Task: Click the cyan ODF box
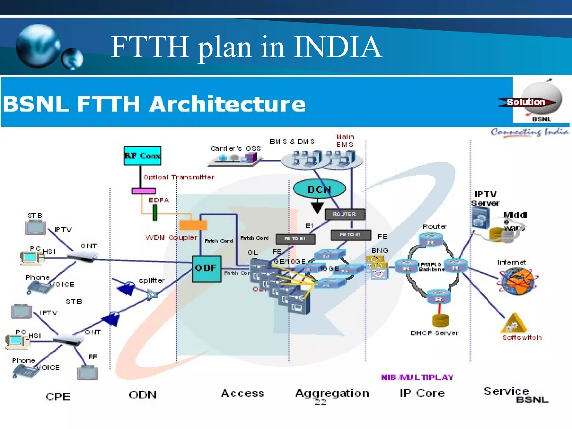207,268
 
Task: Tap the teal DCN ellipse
319,189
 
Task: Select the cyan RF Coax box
142,156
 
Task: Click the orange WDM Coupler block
193,225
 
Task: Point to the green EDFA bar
155,213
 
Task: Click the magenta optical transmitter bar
144,191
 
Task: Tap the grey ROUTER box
345,214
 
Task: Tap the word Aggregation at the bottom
332,393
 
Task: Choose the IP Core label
422,393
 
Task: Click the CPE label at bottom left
58,396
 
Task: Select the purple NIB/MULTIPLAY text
417,378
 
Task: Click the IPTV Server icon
481,218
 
